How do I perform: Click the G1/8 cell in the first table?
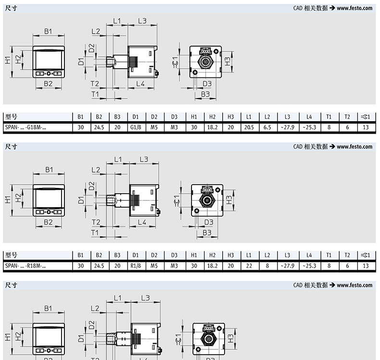[x=136, y=127]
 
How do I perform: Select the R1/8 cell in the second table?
[x=136, y=266]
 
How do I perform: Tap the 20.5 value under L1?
[x=249, y=127]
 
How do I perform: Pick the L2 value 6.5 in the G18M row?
[x=267, y=127]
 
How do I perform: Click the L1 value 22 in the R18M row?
[x=249, y=266]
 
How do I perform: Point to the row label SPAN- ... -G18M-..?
[x=25, y=127]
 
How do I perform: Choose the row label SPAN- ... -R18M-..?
[x=25, y=266]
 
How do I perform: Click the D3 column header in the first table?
[x=174, y=117]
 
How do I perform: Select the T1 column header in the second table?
[x=329, y=255]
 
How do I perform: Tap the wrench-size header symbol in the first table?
[x=366, y=117]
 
